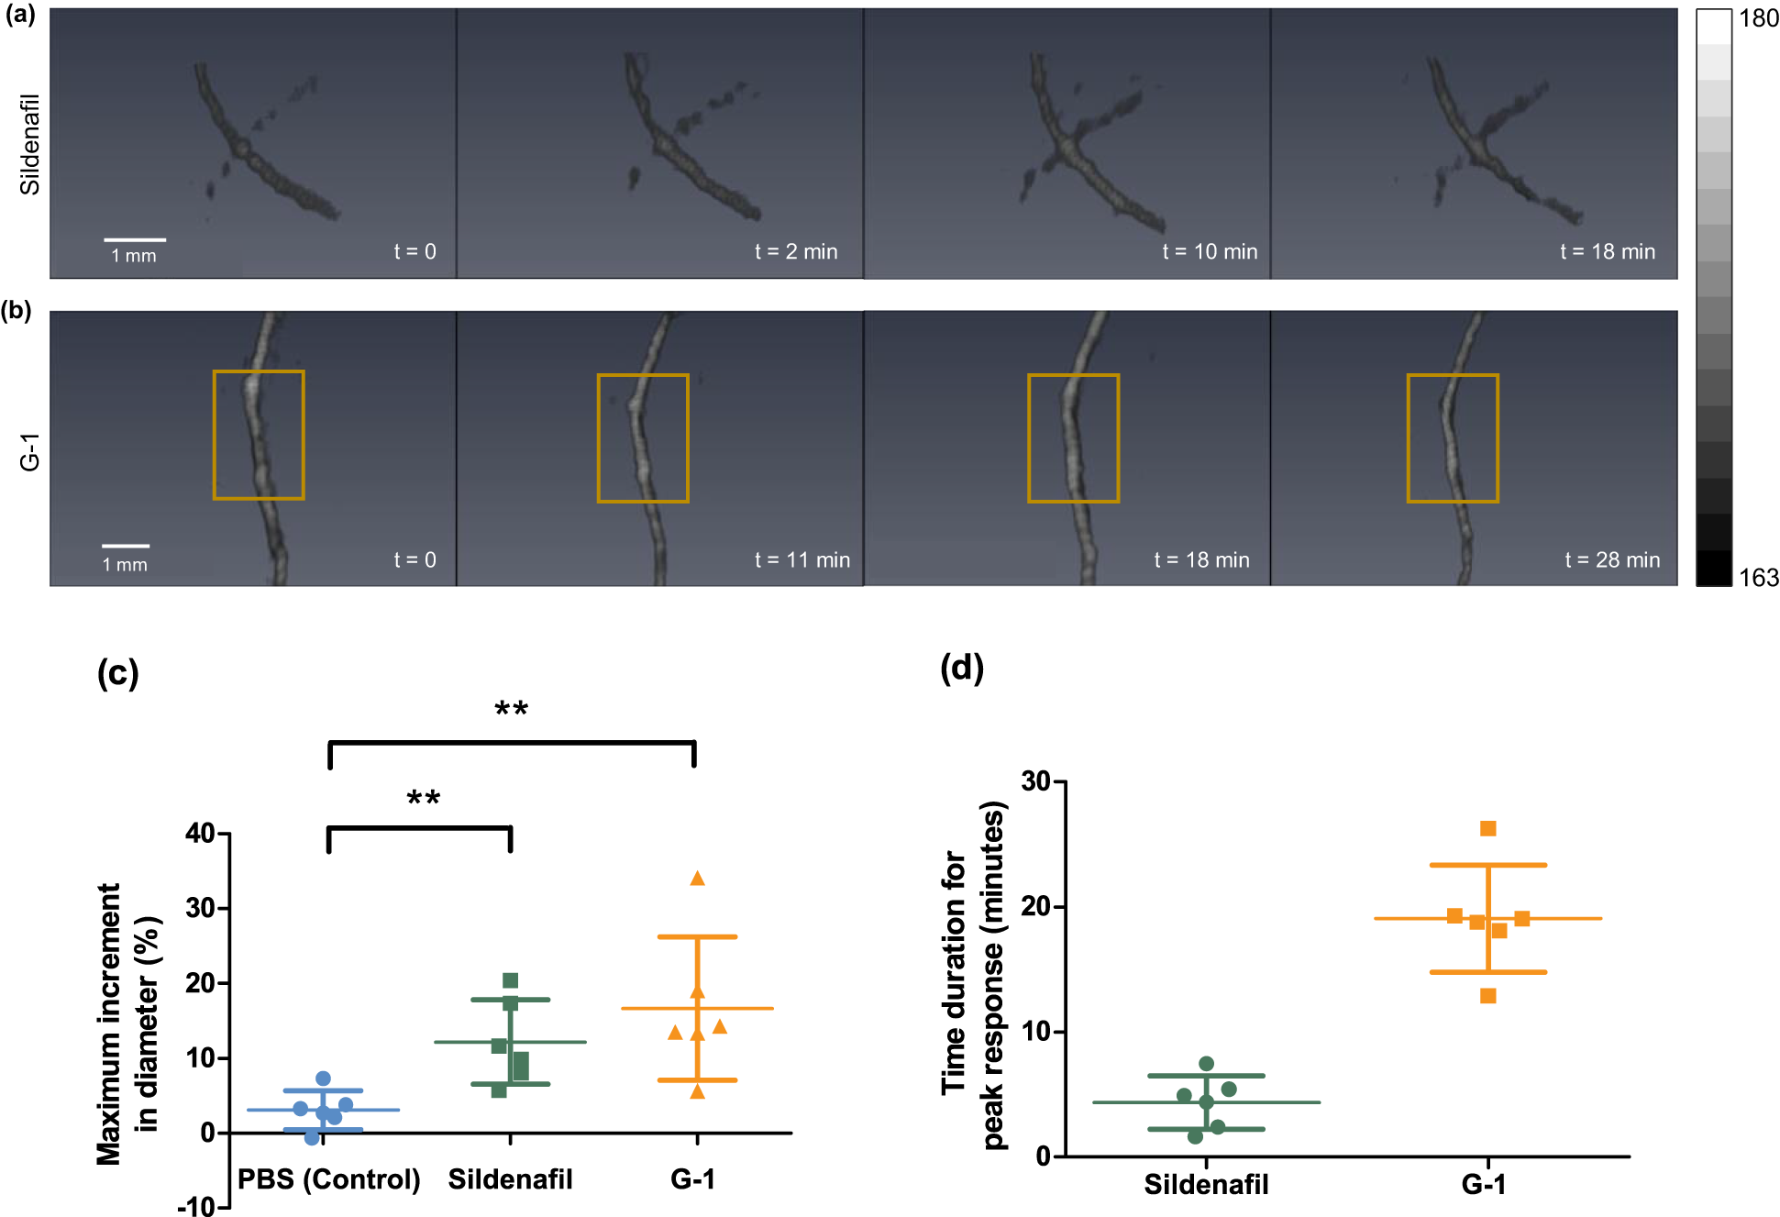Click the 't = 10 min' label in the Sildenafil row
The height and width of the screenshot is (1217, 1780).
[x=1209, y=251]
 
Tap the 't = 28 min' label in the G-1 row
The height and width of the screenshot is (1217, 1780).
[x=1611, y=559]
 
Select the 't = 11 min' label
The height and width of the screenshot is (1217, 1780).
[x=802, y=559]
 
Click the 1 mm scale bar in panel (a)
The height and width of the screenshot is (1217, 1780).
[x=135, y=240]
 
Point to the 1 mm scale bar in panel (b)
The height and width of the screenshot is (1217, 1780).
[x=126, y=547]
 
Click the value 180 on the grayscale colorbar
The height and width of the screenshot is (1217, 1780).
[x=1758, y=18]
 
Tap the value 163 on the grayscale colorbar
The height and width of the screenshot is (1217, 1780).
[x=1758, y=578]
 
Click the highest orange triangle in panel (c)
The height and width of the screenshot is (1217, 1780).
[x=697, y=879]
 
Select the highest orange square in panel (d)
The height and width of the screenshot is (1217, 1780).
[x=1487, y=829]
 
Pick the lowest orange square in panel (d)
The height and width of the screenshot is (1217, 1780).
[x=1487, y=996]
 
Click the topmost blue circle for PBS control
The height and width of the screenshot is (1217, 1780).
[x=323, y=1079]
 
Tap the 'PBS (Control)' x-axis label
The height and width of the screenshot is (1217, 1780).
[x=328, y=1179]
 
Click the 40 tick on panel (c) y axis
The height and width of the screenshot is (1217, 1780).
[x=200, y=833]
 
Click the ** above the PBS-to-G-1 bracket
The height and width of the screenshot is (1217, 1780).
[x=511, y=709]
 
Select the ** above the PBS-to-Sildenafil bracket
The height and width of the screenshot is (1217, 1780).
[x=423, y=798]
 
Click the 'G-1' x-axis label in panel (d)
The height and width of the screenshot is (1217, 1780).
[x=1483, y=1184]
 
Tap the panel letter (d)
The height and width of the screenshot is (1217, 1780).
[x=961, y=668]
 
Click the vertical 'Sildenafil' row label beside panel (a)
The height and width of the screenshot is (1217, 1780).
[x=30, y=144]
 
